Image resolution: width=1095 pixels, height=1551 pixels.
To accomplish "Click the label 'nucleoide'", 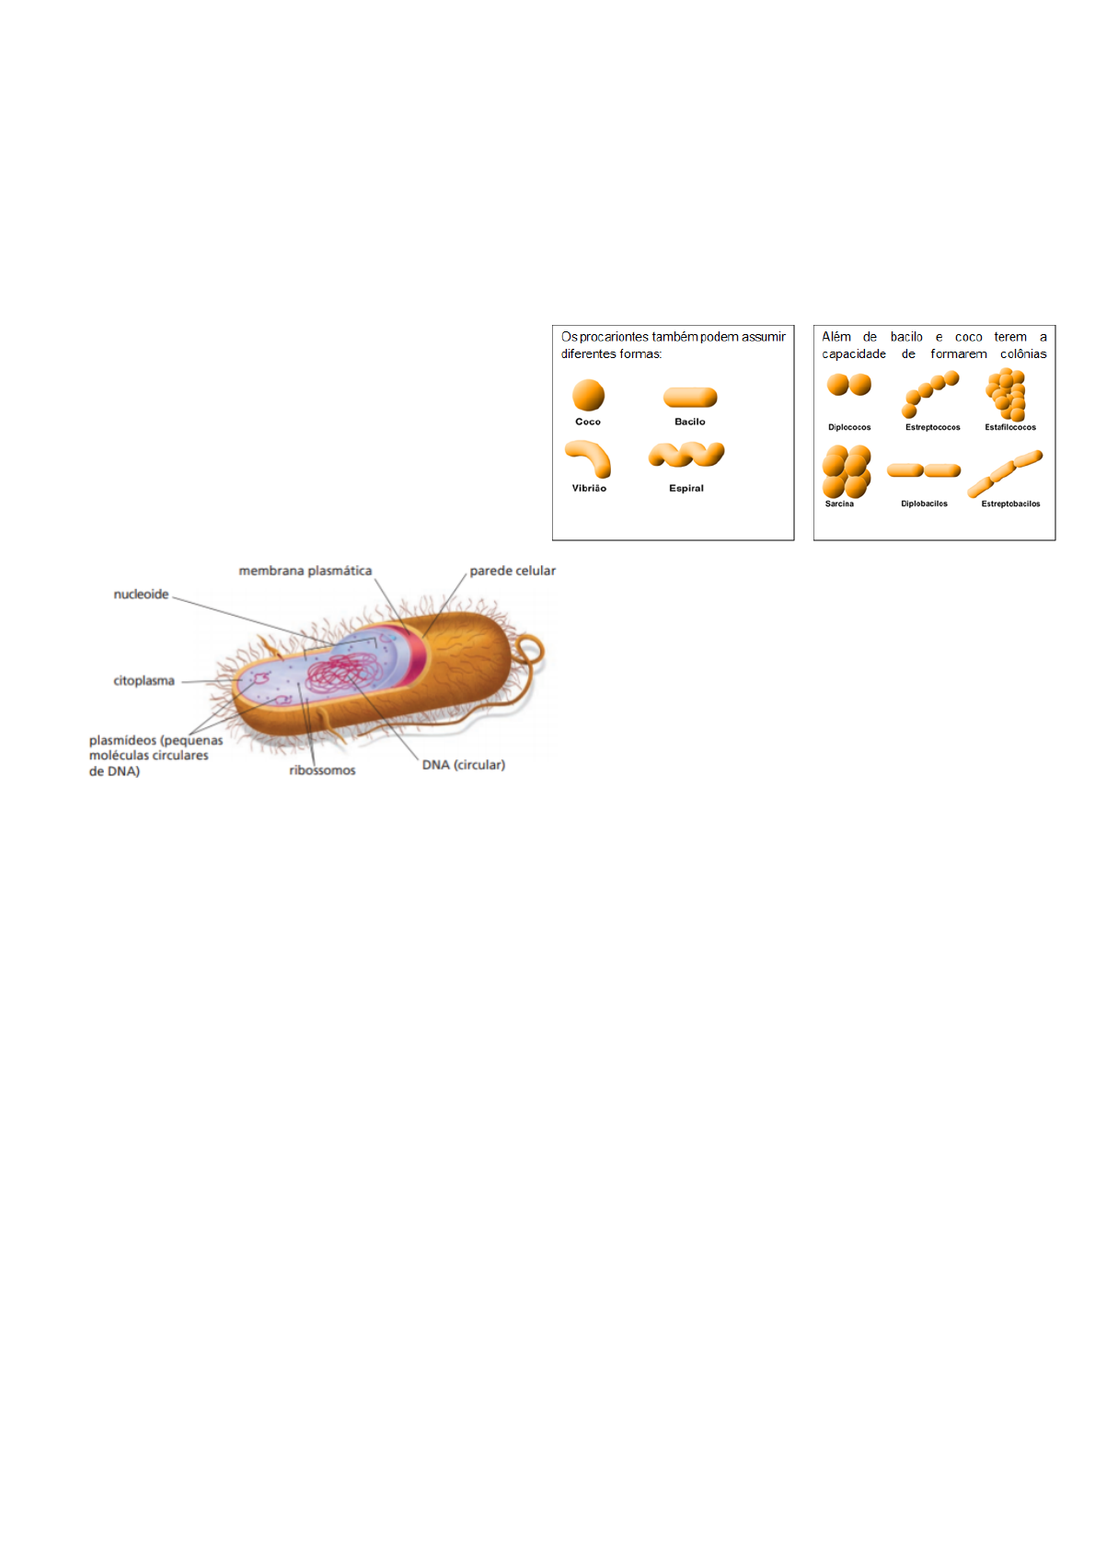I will [x=141, y=595].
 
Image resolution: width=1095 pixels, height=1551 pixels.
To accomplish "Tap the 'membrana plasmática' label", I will [x=305, y=571].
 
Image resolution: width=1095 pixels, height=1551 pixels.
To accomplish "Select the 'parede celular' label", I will [x=512, y=571].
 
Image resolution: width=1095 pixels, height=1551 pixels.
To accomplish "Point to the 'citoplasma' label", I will [x=144, y=681].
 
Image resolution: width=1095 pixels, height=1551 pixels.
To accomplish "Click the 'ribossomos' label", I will [x=322, y=770].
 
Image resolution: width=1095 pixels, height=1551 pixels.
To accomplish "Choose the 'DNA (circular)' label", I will [x=463, y=765].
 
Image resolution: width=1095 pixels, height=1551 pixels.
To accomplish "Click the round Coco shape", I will [x=588, y=396].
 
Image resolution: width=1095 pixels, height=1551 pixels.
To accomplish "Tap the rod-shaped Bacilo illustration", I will [x=690, y=398].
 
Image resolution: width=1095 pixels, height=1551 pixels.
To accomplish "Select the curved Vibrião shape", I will [x=590, y=457].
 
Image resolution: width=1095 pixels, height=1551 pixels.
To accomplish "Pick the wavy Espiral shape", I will [x=686, y=455].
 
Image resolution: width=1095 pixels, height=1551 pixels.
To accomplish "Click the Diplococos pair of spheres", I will [x=848, y=385].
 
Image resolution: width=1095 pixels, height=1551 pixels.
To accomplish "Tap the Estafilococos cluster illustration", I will [x=1007, y=394].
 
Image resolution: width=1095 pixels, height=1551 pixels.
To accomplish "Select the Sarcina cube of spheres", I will [x=847, y=471].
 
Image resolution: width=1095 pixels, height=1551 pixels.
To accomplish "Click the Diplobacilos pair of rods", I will [x=924, y=470].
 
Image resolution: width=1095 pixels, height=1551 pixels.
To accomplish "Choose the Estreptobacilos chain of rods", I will [x=1005, y=473].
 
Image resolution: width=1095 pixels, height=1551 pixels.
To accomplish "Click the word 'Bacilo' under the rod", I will [x=690, y=422].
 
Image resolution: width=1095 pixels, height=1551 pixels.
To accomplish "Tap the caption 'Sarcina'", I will [x=839, y=503].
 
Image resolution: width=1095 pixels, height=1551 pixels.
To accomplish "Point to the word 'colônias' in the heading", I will [x=1023, y=353].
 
